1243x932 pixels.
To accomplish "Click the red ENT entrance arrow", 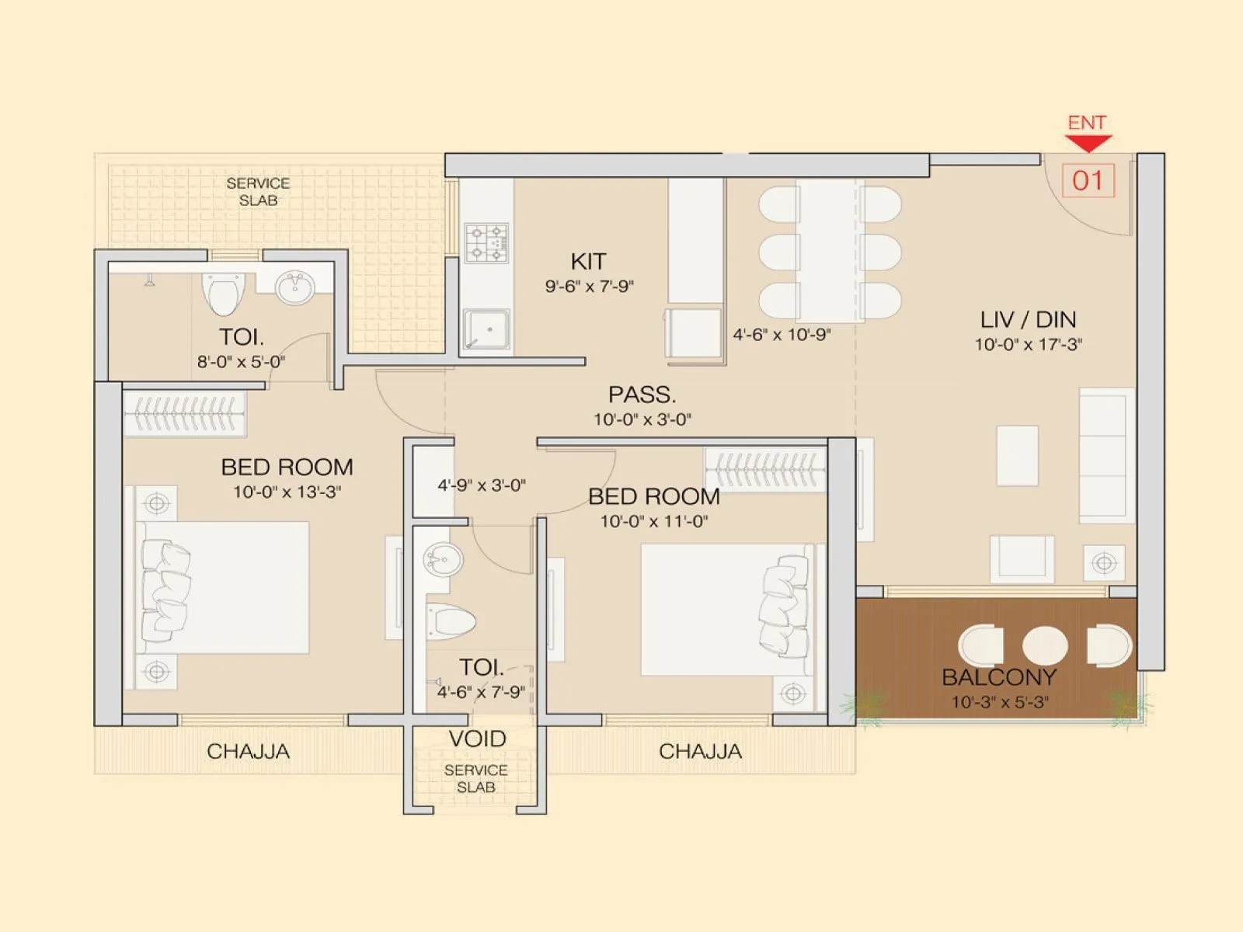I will [1088, 142].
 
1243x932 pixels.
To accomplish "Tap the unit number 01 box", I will [1088, 180].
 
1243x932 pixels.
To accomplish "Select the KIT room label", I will [588, 262].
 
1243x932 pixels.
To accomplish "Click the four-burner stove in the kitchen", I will [486, 242].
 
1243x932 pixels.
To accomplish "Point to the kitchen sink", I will [487, 329].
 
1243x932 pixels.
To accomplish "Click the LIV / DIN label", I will [1028, 319].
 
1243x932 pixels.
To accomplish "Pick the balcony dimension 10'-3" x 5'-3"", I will [1000, 702].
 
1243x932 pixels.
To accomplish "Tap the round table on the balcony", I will [1044, 645].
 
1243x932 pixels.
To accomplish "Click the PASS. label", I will [642, 395].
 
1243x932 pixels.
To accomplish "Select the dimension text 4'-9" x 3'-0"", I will [482, 485].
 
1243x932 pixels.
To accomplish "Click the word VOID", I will [477, 739].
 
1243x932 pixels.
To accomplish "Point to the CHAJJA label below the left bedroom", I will [248, 751].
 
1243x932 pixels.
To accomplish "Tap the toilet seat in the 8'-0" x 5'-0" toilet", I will [224, 294].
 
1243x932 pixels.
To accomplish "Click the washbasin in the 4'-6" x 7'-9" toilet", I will [443, 559].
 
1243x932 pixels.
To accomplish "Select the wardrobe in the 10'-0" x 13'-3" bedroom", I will [185, 414].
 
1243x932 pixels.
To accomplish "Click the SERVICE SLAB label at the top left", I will [258, 192].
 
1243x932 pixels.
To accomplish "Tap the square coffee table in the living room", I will [1018, 455].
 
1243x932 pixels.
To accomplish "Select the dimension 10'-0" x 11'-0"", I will [653, 521].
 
